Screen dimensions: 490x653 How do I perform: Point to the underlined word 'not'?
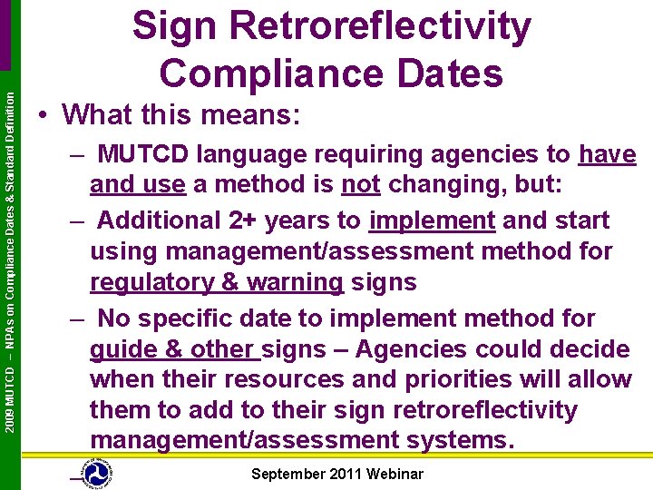point(360,185)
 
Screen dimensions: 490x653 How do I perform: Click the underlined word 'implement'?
point(432,220)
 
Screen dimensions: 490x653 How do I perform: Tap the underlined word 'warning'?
point(291,282)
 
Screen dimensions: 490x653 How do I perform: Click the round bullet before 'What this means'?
point(44,116)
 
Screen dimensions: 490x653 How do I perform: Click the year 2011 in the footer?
point(346,474)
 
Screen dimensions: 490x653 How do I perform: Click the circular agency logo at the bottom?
point(96,475)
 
